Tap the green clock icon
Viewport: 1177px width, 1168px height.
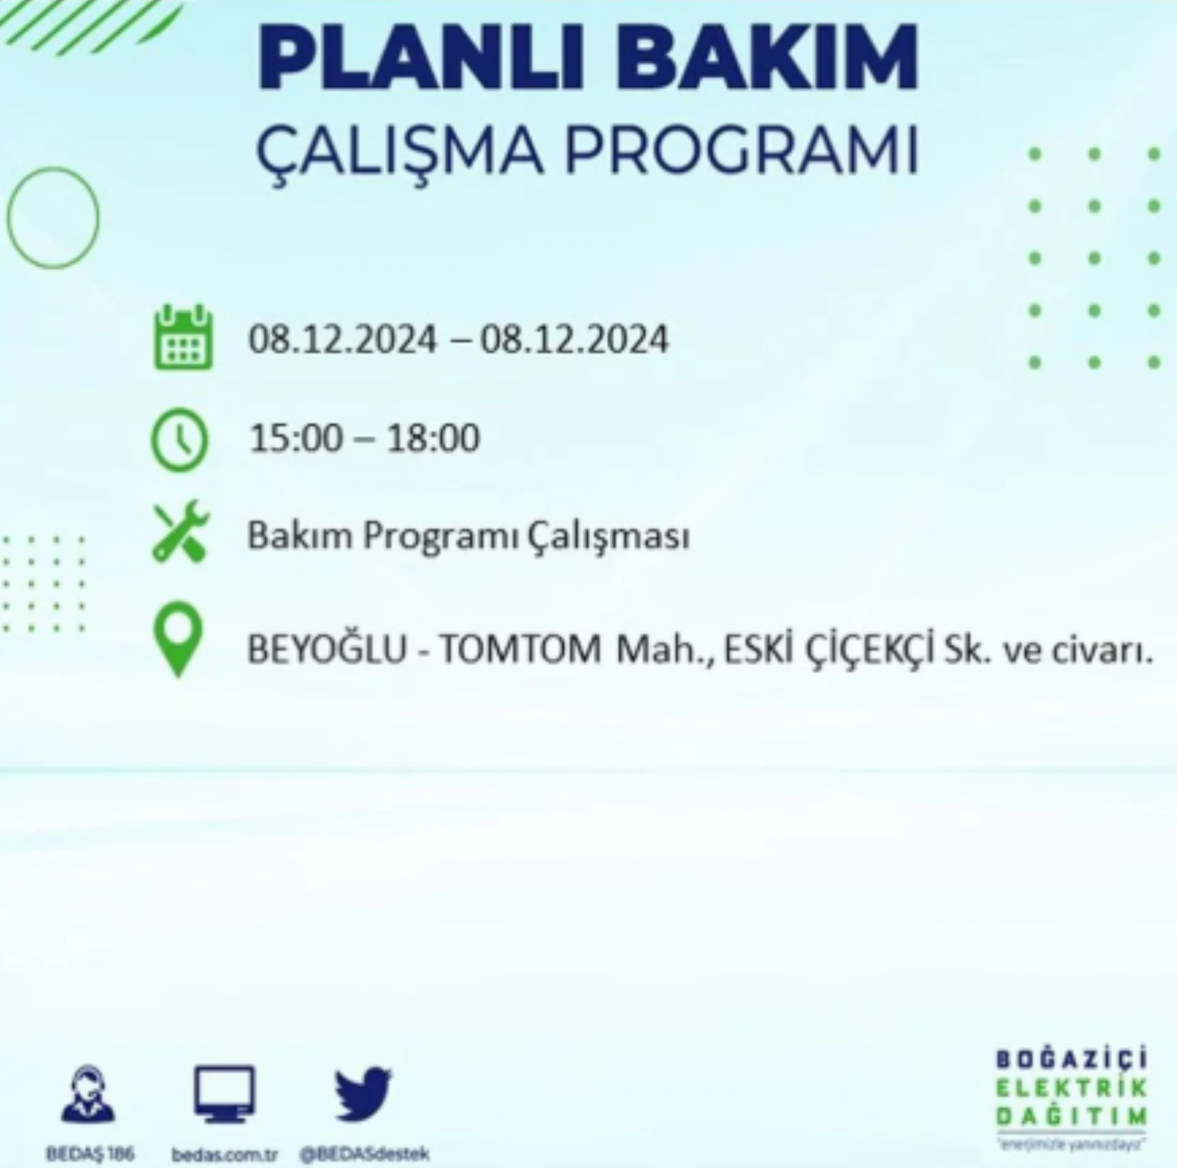click(x=179, y=440)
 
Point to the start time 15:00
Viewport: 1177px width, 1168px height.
click(x=296, y=439)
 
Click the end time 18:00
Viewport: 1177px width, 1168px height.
click(x=432, y=439)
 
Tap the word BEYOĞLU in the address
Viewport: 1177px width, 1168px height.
click(x=327, y=650)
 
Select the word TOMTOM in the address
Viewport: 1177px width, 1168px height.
click(x=520, y=650)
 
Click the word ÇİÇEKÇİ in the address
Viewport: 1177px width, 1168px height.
click(x=866, y=650)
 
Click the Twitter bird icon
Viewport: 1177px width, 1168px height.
click(x=363, y=1093)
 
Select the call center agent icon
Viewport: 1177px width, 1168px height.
click(x=89, y=1093)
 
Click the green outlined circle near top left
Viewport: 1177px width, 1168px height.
click(x=53, y=218)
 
